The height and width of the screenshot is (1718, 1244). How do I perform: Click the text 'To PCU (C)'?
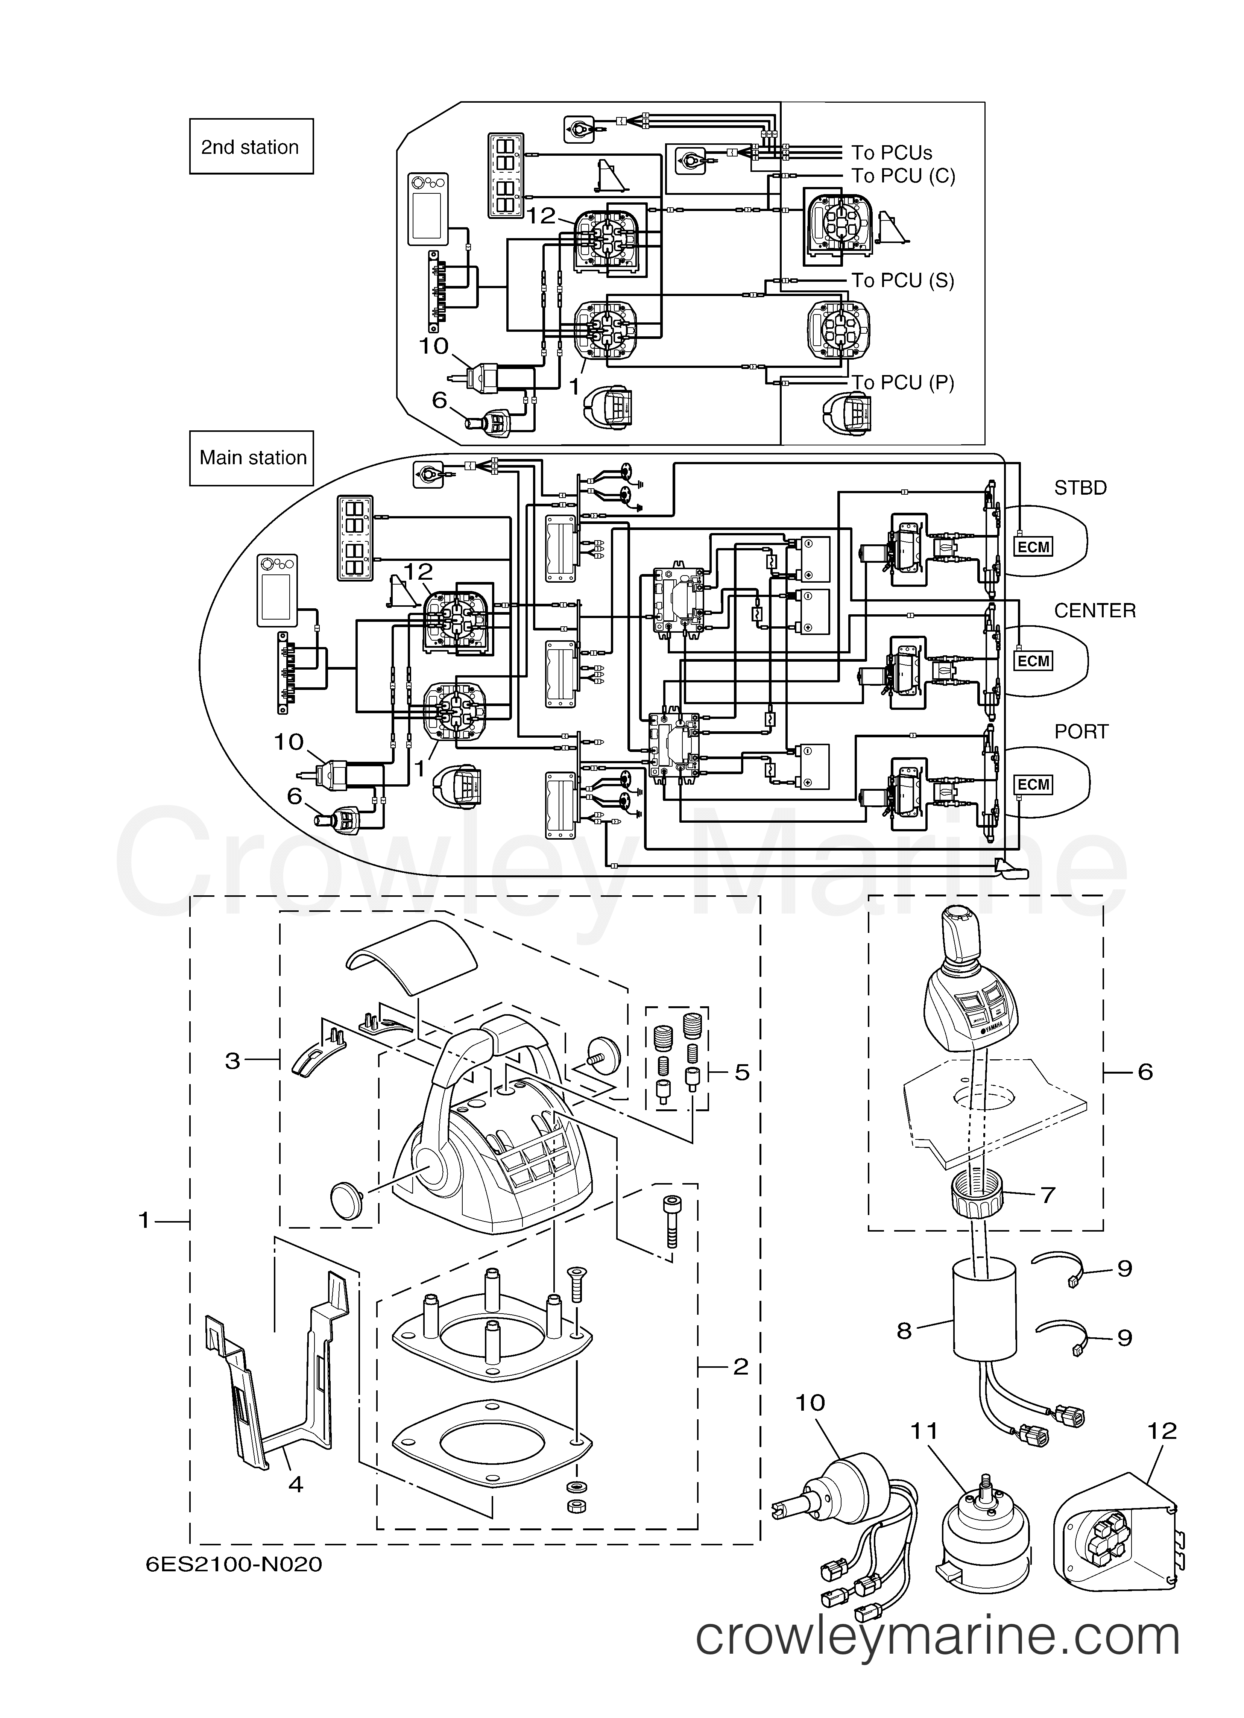903,176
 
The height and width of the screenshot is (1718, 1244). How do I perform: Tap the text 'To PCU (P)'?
903,383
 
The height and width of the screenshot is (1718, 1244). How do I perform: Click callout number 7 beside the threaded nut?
1048,1195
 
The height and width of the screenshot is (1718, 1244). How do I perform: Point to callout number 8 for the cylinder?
904,1331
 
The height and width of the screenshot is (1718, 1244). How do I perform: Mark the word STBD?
1080,488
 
